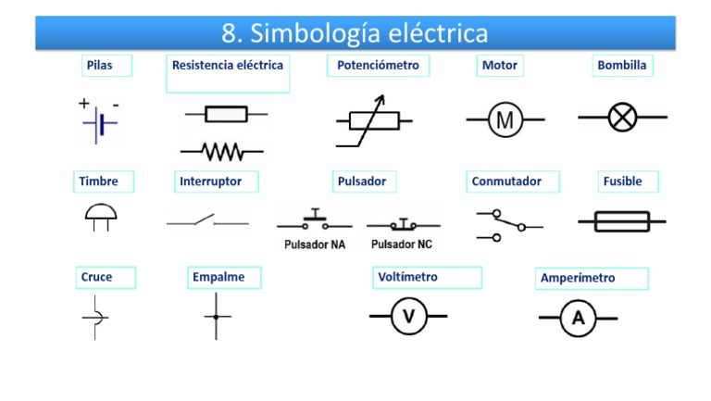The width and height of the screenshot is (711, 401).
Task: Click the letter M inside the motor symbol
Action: (505, 119)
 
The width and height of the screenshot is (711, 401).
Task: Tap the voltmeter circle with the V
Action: (407, 317)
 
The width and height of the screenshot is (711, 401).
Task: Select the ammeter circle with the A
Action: (579, 318)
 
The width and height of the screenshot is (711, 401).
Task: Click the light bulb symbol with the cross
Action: (622, 118)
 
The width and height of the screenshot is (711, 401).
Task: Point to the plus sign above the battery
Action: (84, 103)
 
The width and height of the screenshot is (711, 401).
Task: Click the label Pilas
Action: (100, 66)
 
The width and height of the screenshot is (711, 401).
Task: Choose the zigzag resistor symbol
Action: (221, 150)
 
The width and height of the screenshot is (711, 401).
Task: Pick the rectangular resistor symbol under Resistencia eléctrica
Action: (226, 114)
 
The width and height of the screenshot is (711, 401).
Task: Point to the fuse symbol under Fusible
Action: (621, 221)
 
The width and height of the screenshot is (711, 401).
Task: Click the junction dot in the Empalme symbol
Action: (217, 317)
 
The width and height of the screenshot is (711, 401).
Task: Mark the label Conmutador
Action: (506, 182)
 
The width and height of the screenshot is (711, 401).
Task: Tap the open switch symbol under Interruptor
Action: (207, 222)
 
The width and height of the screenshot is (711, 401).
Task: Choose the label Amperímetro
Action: (578, 278)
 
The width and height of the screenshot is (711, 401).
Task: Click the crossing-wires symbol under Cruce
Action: (94, 317)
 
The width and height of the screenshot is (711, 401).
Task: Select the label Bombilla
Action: (622, 66)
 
